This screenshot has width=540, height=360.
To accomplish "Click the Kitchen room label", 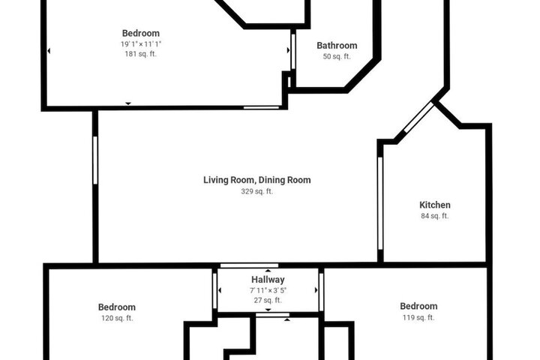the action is point(434,205).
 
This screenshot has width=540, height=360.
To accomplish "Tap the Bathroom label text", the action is point(337,46).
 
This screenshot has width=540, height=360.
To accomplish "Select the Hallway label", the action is point(268,280).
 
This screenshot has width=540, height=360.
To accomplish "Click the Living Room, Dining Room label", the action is point(257,180).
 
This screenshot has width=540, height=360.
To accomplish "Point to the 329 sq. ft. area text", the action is point(257,191).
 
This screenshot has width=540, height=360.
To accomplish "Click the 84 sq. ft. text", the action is point(434,216).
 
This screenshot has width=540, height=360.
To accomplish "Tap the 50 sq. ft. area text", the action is point(337,56).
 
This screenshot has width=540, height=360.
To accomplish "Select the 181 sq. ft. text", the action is point(140,54).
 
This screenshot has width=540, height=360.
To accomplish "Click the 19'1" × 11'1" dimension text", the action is point(141,44).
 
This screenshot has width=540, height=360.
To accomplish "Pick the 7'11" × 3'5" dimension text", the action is point(268,290).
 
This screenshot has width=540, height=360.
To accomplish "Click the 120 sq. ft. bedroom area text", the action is point(117,318).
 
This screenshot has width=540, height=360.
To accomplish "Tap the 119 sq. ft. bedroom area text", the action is point(418,318).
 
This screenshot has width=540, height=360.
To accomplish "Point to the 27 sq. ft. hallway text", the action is point(268,301).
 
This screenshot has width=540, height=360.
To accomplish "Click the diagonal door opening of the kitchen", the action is point(418,117).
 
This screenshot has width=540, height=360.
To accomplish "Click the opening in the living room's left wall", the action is point(95,160).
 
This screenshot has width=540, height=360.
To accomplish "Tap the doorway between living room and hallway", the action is point(249,265).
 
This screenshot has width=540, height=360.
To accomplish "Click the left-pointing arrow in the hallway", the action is point(220,290).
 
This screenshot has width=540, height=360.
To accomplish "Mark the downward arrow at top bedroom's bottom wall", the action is point(128,103).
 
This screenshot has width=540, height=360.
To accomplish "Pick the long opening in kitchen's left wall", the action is point(380,203).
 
